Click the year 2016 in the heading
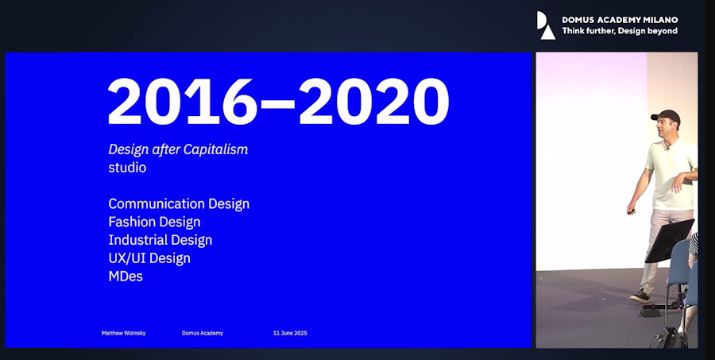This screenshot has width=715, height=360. pos(183,101)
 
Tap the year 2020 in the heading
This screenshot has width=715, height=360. pos(374,101)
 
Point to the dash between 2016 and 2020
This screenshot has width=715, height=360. pos(279,105)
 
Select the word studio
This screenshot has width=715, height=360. pos(127,168)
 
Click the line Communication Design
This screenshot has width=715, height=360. pos(179,203)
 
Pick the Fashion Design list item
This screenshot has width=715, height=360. pos(154,222)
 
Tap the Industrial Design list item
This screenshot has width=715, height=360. pos(160,240)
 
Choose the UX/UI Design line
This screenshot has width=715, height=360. pos(149,258)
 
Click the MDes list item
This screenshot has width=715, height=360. pos(126,276)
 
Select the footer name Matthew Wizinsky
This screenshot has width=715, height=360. pos(124,333)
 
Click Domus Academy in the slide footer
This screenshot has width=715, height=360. pos(203,333)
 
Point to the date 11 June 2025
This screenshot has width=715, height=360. pos(290,333)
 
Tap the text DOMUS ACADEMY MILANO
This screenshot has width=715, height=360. pos(620,20)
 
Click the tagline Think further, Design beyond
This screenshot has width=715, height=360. pos(620,31)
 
